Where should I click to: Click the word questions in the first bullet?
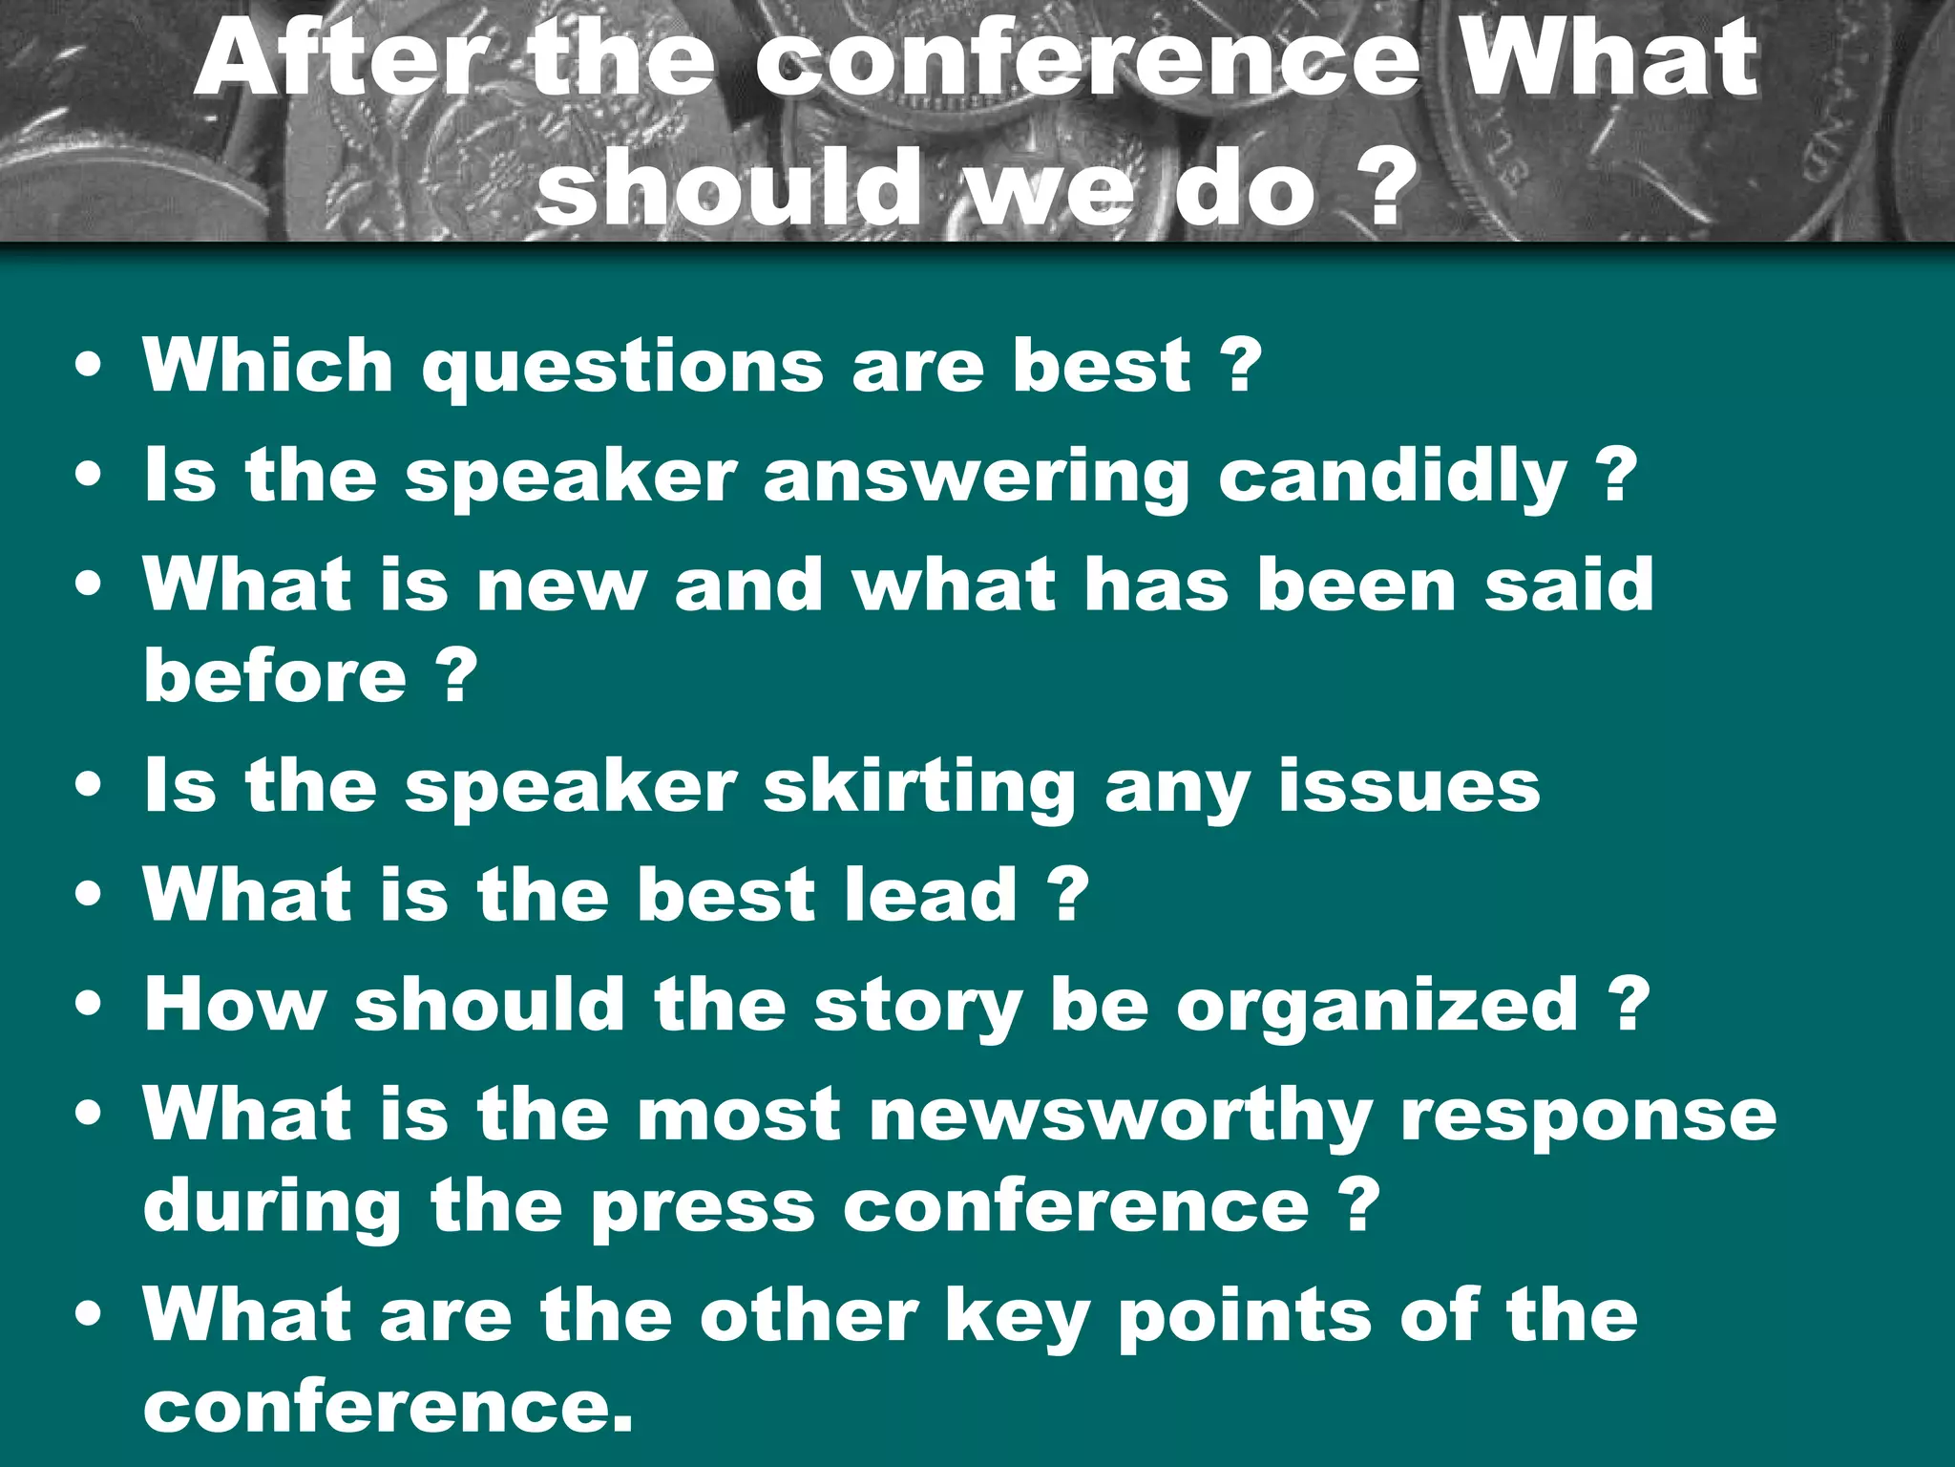[x=622, y=367]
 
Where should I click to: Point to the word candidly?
[x=1393, y=478]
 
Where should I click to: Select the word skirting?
[x=919, y=787]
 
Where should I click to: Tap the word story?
[x=917, y=1007]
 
